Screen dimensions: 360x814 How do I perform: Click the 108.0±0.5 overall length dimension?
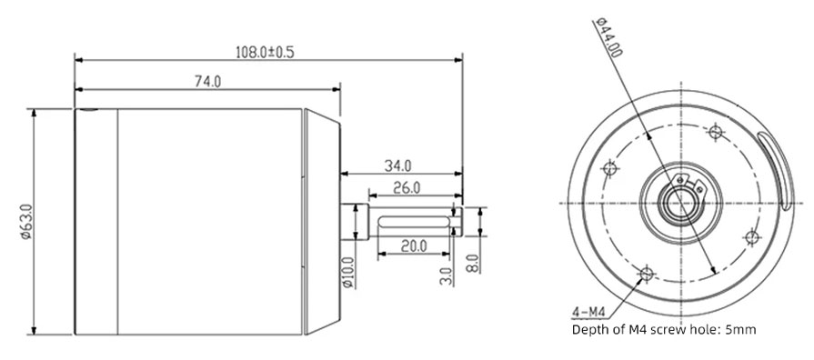tap(265, 52)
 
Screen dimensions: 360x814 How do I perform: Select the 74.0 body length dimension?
tap(207, 82)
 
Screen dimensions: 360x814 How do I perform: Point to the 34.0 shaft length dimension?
tap(398, 165)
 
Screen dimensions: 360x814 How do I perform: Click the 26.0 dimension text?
tap(406, 188)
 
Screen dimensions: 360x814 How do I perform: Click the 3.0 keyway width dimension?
tap(445, 275)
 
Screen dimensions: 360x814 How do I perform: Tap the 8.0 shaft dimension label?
tap(472, 265)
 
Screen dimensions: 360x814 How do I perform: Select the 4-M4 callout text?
tap(588, 311)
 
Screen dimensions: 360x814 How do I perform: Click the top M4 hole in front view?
tap(715, 134)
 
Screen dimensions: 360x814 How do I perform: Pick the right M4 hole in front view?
tap(751, 237)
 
